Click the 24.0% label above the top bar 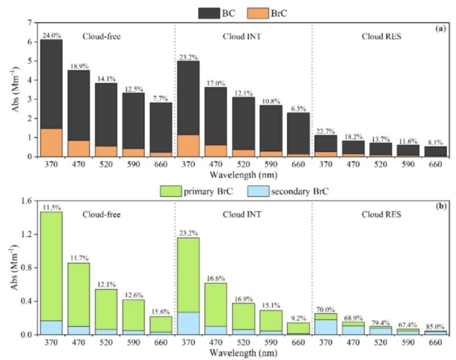pos(51,35)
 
